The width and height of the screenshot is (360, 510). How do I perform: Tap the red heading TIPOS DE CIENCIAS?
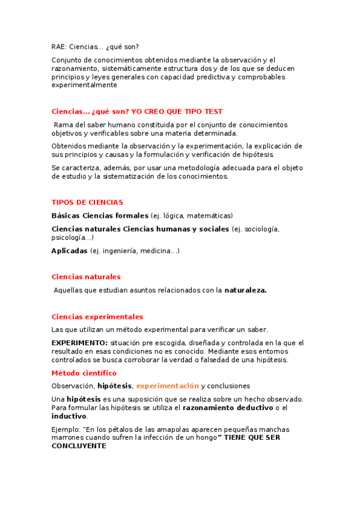[87, 203]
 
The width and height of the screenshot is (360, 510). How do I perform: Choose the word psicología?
[68, 238]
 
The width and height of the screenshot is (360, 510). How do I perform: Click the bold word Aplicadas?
[70, 251]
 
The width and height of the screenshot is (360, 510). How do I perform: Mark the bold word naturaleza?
[245, 290]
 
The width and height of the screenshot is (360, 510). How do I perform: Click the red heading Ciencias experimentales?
[97, 316]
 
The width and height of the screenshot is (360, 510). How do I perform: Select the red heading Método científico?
[84, 373]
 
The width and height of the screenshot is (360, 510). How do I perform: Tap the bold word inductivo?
[69, 416]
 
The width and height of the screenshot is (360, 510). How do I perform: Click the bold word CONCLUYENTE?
[79, 446]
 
